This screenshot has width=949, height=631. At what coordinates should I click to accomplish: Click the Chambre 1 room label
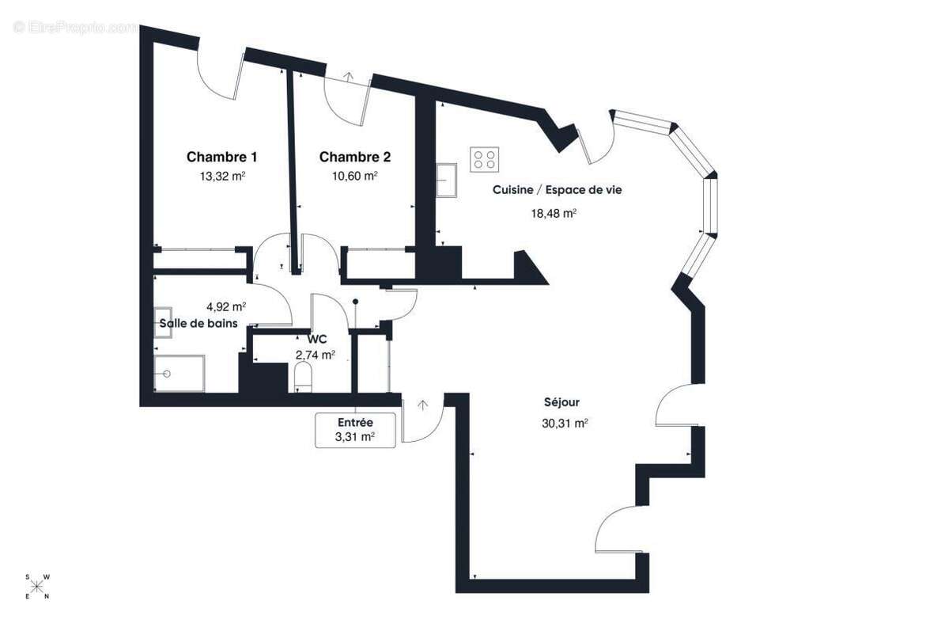[221, 157]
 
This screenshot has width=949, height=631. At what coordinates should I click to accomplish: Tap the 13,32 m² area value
[221, 177]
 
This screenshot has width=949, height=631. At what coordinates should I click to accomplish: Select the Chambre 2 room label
[354, 157]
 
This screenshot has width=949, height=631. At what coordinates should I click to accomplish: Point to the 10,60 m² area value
[354, 177]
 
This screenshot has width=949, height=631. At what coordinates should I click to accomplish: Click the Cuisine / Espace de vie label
[562, 190]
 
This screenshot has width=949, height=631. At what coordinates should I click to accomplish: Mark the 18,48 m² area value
[554, 213]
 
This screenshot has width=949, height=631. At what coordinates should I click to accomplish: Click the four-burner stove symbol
[485, 159]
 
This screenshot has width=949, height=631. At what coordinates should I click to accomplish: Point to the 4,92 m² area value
[225, 306]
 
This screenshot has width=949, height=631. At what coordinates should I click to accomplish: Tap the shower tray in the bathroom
[179, 373]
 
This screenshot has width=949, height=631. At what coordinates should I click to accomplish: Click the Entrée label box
[355, 430]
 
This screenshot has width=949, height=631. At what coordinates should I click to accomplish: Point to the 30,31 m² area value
[565, 424]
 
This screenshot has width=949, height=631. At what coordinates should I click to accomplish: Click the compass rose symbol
[37, 587]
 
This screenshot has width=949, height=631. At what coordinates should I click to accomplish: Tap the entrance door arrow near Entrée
[423, 405]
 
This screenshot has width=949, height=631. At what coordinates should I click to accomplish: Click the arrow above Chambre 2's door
[349, 78]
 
